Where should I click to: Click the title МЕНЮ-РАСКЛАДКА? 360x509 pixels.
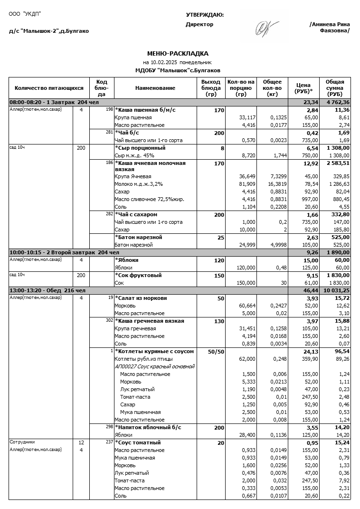tap(178, 54)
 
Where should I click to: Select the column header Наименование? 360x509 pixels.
tap(155, 88)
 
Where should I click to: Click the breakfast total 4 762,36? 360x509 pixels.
tap(338, 102)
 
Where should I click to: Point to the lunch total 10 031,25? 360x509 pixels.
tap(337, 290)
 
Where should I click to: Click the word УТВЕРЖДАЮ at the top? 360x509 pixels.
tap(205, 15)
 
